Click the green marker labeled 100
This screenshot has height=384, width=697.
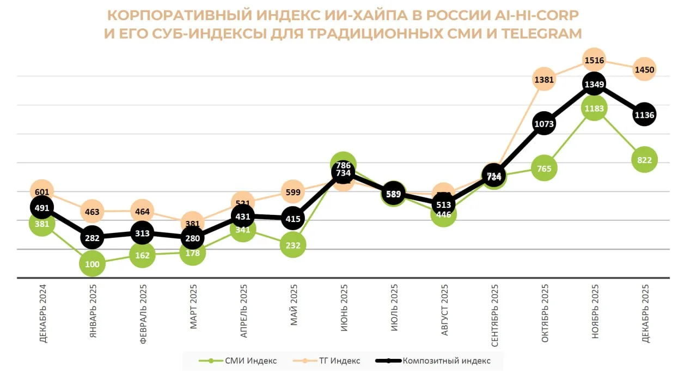(x=93, y=265)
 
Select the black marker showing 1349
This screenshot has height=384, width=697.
(x=594, y=85)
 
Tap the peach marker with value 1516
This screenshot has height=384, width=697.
(x=594, y=59)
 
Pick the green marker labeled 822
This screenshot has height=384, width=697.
(x=644, y=160)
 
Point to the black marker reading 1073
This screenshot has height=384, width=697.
(x=544, y=124)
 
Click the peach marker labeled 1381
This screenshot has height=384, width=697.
(x=544, y=80)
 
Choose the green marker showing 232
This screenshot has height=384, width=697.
(x=293, y=245)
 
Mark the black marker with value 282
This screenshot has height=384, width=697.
(x=93, y=238)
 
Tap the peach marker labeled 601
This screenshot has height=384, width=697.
(x=42, y=191)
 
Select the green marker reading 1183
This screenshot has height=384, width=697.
(x=594, y=109)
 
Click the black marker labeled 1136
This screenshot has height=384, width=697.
(x=644, y=115)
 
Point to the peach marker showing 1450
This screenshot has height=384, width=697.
(x=644, y=69)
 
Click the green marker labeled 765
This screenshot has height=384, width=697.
(x=544, y=169)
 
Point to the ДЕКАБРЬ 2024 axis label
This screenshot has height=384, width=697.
(x=43, y=313)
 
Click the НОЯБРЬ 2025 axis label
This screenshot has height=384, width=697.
(x=595, y=311)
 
